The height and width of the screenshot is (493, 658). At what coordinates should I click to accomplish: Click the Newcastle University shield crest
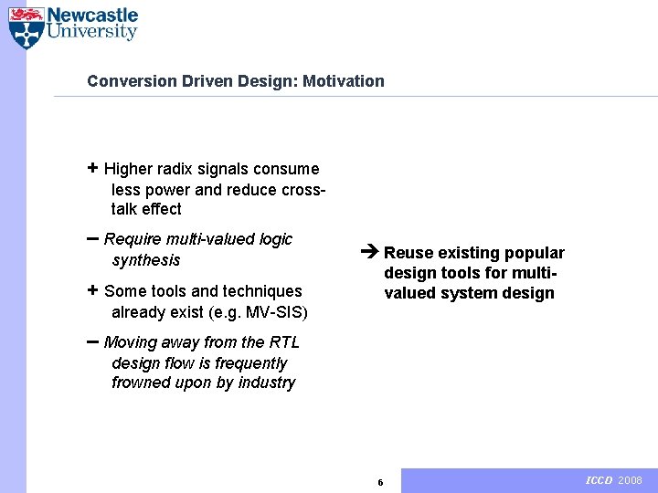[26, 27]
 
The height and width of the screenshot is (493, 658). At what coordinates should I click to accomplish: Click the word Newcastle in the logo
[92, 16]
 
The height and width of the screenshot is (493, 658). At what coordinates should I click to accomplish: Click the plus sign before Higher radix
[92, 168]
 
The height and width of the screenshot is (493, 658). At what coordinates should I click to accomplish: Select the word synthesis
[146, 260]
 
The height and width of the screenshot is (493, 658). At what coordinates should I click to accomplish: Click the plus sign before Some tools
[92, 290]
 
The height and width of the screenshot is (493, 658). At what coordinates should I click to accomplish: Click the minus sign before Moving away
[93, 341]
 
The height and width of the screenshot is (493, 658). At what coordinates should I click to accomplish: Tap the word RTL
[284, 342]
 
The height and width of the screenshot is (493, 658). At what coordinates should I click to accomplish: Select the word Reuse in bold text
[406, 253]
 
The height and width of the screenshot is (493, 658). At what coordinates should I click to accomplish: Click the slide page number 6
[380, 482]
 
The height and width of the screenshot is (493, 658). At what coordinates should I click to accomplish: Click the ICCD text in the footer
[599, 480]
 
